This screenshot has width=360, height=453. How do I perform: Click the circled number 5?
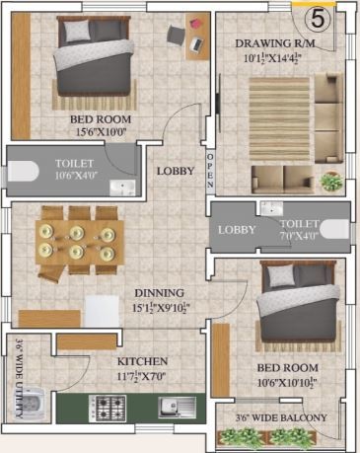(x=316, y=18)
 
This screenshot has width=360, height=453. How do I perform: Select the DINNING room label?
(x=161, y=293)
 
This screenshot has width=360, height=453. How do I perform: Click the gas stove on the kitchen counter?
(x=107, y=405)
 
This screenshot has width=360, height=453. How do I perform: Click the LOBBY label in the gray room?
(x=237, y=230)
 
